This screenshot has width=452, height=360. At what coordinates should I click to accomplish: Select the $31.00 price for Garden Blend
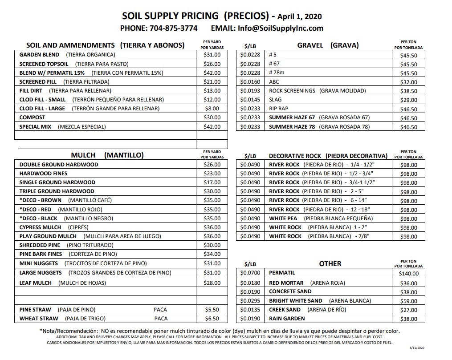coord(212,55)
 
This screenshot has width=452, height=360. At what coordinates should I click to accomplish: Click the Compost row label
coord(33,117)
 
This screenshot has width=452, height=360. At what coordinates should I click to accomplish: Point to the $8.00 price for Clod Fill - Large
coord(212,109)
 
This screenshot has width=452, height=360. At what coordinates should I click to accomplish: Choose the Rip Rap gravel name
coord(279,109)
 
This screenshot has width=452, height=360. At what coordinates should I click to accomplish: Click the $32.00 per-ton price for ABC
coord(409,82)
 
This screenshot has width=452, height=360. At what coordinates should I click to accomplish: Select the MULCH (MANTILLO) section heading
coord(107,155)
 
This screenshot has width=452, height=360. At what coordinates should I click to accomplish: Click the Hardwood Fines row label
coord(44,174)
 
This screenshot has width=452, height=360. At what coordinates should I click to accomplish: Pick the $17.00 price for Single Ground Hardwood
coord(212,182)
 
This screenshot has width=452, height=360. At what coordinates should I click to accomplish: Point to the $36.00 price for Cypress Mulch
coord(212,227)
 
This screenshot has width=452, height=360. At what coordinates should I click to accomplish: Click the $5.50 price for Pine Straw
coord(212,310)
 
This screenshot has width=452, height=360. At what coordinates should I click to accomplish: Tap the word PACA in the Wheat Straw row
coord(161,319)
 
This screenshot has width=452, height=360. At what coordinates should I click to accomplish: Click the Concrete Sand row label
coord(290,292)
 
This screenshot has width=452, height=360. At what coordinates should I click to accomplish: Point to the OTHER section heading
coord(330,264)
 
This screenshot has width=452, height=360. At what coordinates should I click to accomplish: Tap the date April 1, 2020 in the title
coord(299,17)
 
